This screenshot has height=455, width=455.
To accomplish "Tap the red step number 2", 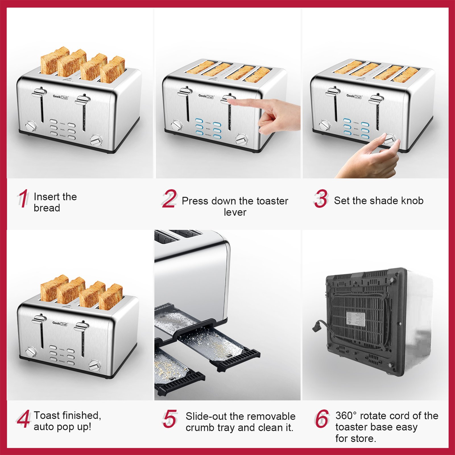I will (x=169, y=199).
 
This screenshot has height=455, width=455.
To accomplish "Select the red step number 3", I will (x=321, y=199).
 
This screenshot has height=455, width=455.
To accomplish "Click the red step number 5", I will (x=170, y=419).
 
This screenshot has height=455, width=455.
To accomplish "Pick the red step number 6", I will (x=322, y=419).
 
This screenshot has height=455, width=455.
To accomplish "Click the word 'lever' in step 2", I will (x=235, y=212).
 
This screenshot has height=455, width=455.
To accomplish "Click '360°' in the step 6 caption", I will (x=346, y=416).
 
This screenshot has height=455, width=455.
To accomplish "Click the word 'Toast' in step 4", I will (x=47, y=415).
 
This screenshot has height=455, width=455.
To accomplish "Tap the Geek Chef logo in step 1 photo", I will (x=60, y=97).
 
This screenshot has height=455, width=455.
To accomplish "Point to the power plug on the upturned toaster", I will (x=317, y=326).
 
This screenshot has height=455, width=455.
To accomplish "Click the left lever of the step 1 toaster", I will (x=39, y=93).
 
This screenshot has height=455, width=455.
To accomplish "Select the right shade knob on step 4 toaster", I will (x=94, y=366).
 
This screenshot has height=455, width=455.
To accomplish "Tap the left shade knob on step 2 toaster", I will (x=176, y=125).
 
